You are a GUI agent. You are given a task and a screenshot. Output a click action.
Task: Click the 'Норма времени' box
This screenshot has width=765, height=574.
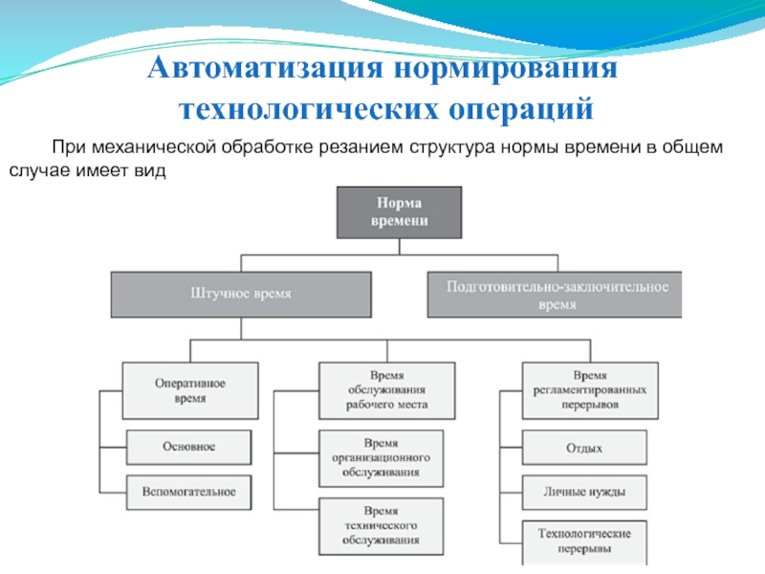tap(399, 211)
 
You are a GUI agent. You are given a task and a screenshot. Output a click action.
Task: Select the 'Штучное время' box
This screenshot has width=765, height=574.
tap(242, 295)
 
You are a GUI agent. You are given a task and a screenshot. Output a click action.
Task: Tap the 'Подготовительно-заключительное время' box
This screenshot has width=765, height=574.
tap(557, 294)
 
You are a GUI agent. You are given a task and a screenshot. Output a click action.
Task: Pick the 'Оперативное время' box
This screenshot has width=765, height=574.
tap(190, 390)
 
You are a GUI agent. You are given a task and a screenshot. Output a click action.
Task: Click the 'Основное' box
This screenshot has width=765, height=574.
tap(189, 447)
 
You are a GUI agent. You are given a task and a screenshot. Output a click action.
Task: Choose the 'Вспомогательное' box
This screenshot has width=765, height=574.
tap(189, 492)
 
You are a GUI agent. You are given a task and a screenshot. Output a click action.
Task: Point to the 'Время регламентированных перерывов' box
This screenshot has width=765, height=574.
tap(590, 390)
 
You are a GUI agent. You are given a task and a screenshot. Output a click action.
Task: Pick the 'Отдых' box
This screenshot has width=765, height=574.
tap(584, 447)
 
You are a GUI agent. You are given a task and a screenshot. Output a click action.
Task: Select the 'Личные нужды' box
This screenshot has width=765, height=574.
tap(584, 492)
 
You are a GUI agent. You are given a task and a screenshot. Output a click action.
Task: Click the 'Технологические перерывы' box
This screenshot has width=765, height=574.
tap(584, 542)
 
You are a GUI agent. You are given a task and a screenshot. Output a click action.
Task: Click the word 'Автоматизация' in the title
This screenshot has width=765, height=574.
tap(250, 70)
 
